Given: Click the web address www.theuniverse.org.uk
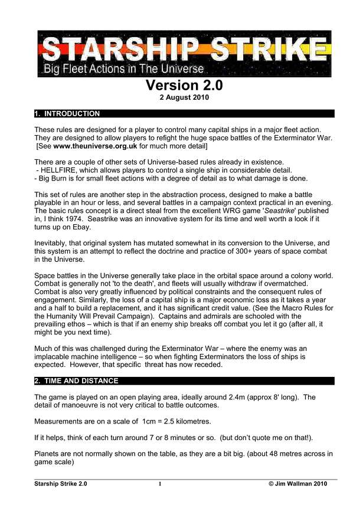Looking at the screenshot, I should click(103, 145).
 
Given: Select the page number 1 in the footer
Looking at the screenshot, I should click(159, 484).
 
